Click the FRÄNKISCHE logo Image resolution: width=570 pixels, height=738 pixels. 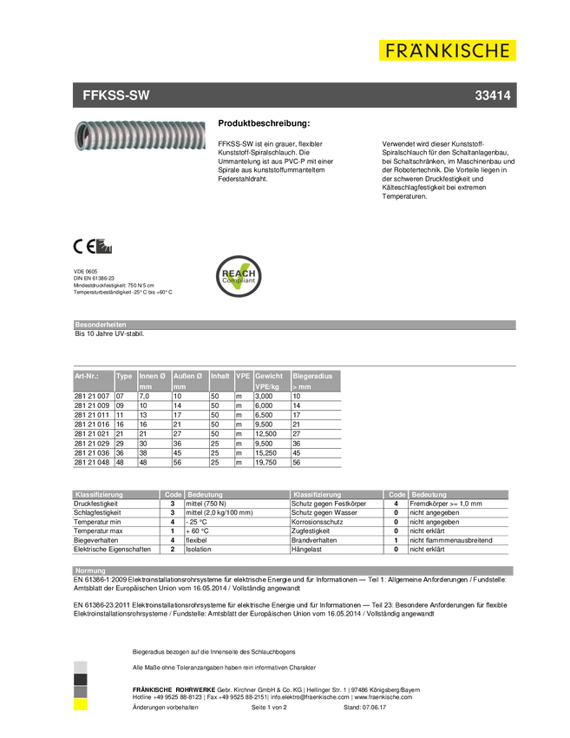click(448, 50)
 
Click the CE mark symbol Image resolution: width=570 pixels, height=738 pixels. click(83, 247)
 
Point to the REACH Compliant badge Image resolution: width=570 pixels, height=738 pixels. click(239, 276)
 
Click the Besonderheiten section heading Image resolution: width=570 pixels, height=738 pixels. click(101, 324)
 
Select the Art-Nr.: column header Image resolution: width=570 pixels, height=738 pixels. click(87, 376)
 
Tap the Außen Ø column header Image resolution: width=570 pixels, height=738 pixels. click(188, 376)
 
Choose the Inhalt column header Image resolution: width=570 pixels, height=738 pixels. click(220, 376)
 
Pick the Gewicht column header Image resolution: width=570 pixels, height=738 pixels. click(269, 376)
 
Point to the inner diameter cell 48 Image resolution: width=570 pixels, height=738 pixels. click(145, 463)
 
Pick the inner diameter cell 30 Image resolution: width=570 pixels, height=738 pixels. click(145, 443)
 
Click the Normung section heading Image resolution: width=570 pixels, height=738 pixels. click(91, 570)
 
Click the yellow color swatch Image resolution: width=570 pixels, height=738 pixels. click(80, 705)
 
